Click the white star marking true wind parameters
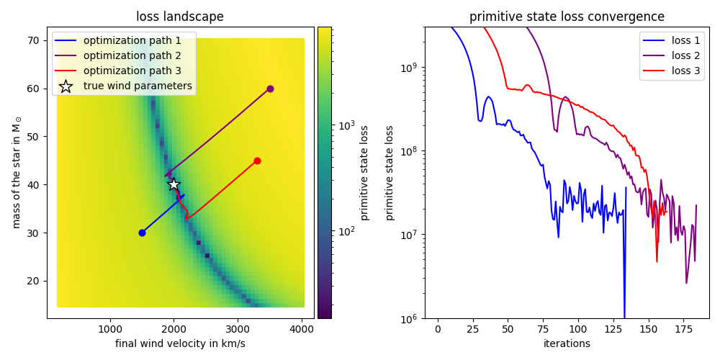coord(174,184)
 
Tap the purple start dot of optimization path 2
coord(270,89)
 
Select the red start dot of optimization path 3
coord(257,161)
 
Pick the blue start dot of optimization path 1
coord(142,233)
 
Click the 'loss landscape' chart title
coord(180,17)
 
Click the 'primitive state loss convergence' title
coord(567,17)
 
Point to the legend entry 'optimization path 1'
coord(132,40)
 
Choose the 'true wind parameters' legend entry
coord(138,86)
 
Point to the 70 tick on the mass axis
coord(33,40)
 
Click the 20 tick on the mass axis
coord(33,281)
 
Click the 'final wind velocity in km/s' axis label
coord(180,343)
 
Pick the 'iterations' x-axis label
coord(567,343)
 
